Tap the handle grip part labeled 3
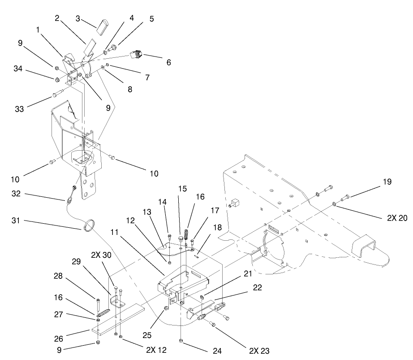point(103,25)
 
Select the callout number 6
point(168,63)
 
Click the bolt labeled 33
point(56,94)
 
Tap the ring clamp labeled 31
point(89,224)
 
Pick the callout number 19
point(387,182)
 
